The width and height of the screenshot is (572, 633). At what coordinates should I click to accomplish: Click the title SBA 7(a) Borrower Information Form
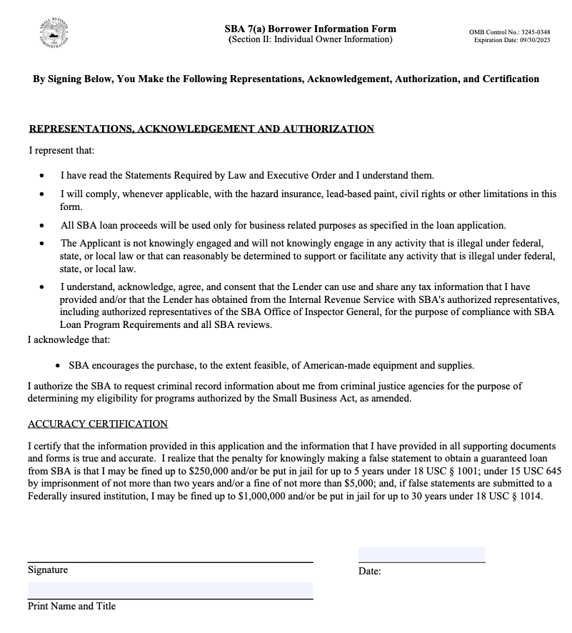pos(310,29)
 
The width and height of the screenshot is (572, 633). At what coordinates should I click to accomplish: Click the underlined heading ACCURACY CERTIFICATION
pos(98,424)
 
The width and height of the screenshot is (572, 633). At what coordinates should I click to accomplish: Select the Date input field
pos(421,554)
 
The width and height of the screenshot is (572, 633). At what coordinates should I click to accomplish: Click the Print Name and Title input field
pos(170,590)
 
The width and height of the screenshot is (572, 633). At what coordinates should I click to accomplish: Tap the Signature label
pos(48,570)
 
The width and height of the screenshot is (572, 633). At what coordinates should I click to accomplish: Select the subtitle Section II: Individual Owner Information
pos(310,39)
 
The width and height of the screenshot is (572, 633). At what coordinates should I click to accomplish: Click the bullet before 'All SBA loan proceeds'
pos(44,225)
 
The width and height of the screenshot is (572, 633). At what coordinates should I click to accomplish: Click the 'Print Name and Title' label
pos(71,606)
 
